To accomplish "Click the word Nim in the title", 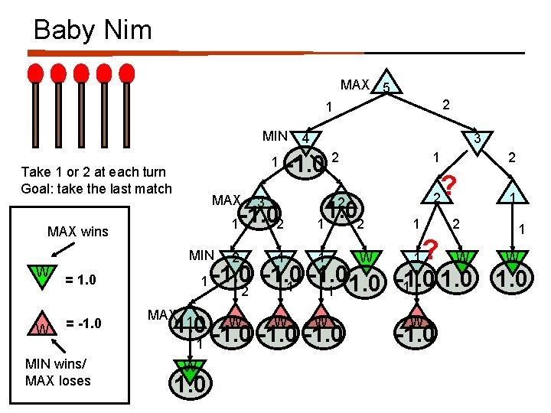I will pos(127,30).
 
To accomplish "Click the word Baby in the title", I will pos(64,30).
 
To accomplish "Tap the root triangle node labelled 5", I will pos(388,86).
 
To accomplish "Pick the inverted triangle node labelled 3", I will pos(476,138).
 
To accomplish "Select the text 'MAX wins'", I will pos(77,231).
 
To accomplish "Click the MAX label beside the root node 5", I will pos(355,85).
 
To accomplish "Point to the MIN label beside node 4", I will pos(275,137).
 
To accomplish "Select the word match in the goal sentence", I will pos(152,189).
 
